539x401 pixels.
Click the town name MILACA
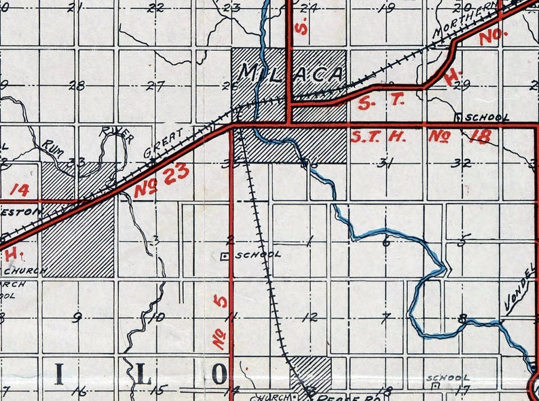(x=290, y=73)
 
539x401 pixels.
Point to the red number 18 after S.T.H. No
(x=479, y=136)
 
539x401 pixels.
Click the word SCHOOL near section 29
(x=487, y=117)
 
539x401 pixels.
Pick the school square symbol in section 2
(x=225, y=256)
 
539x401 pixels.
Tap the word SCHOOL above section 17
(x=448, y=377)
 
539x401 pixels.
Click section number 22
(x=157, y=8)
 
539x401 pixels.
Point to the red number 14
(x=20, y=190)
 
